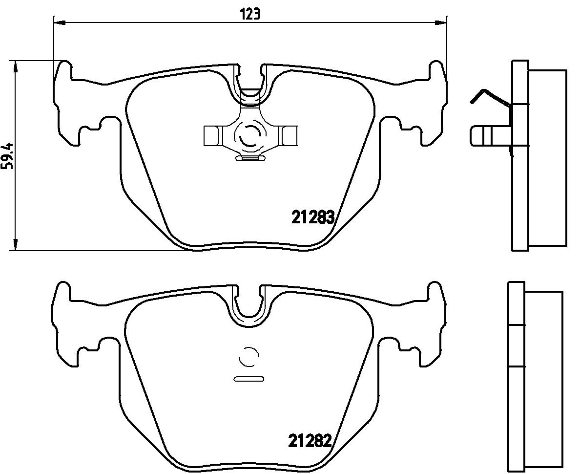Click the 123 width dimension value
tap(250, 15)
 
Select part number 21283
tap(313, 217)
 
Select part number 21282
tap(309, 441)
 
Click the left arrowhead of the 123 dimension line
tap(60, 23)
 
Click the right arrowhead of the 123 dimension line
tap(441, 23)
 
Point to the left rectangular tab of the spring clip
tap(213, 135)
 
